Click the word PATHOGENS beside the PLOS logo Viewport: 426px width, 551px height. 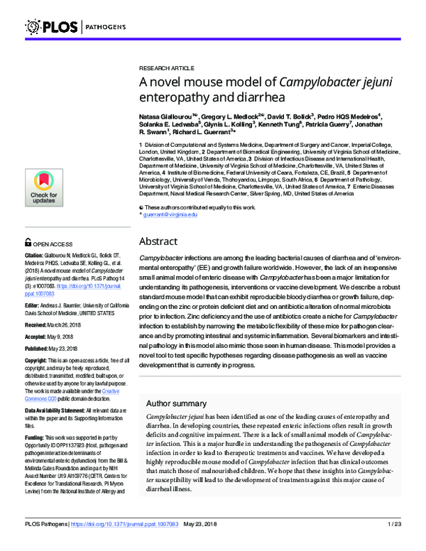(x=106, y=27)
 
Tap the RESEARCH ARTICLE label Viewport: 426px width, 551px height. (x=165, y=64)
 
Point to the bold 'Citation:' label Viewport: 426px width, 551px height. (x=36, y=254)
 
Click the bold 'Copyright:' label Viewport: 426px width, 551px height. (x=39, y=361)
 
